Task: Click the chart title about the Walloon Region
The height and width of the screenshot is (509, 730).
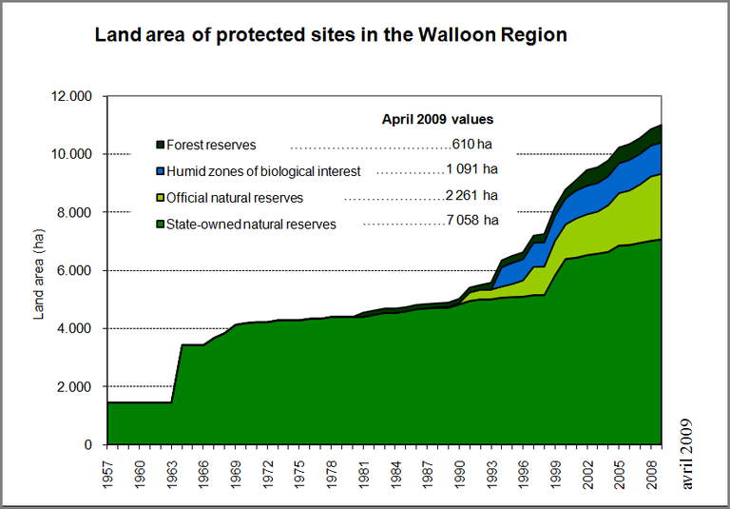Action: pos(330,36)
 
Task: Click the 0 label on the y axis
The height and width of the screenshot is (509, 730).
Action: pos(87,445)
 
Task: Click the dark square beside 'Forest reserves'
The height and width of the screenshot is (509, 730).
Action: pos(160,146)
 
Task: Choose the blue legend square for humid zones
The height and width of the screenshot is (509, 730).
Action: pos(160,171)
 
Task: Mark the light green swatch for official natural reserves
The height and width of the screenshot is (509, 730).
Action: pos(160,198)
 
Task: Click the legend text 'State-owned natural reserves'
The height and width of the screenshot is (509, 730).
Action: pos(250,225)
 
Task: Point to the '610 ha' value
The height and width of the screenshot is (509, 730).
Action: pos(471,146)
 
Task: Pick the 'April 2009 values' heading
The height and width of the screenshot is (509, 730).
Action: pos(436,120)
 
